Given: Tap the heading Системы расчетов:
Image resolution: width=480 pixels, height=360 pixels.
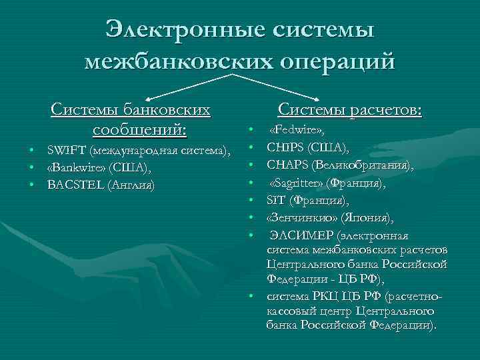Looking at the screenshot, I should coord(349,109).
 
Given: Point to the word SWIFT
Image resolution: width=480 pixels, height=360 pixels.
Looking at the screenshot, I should coord(66,149).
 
